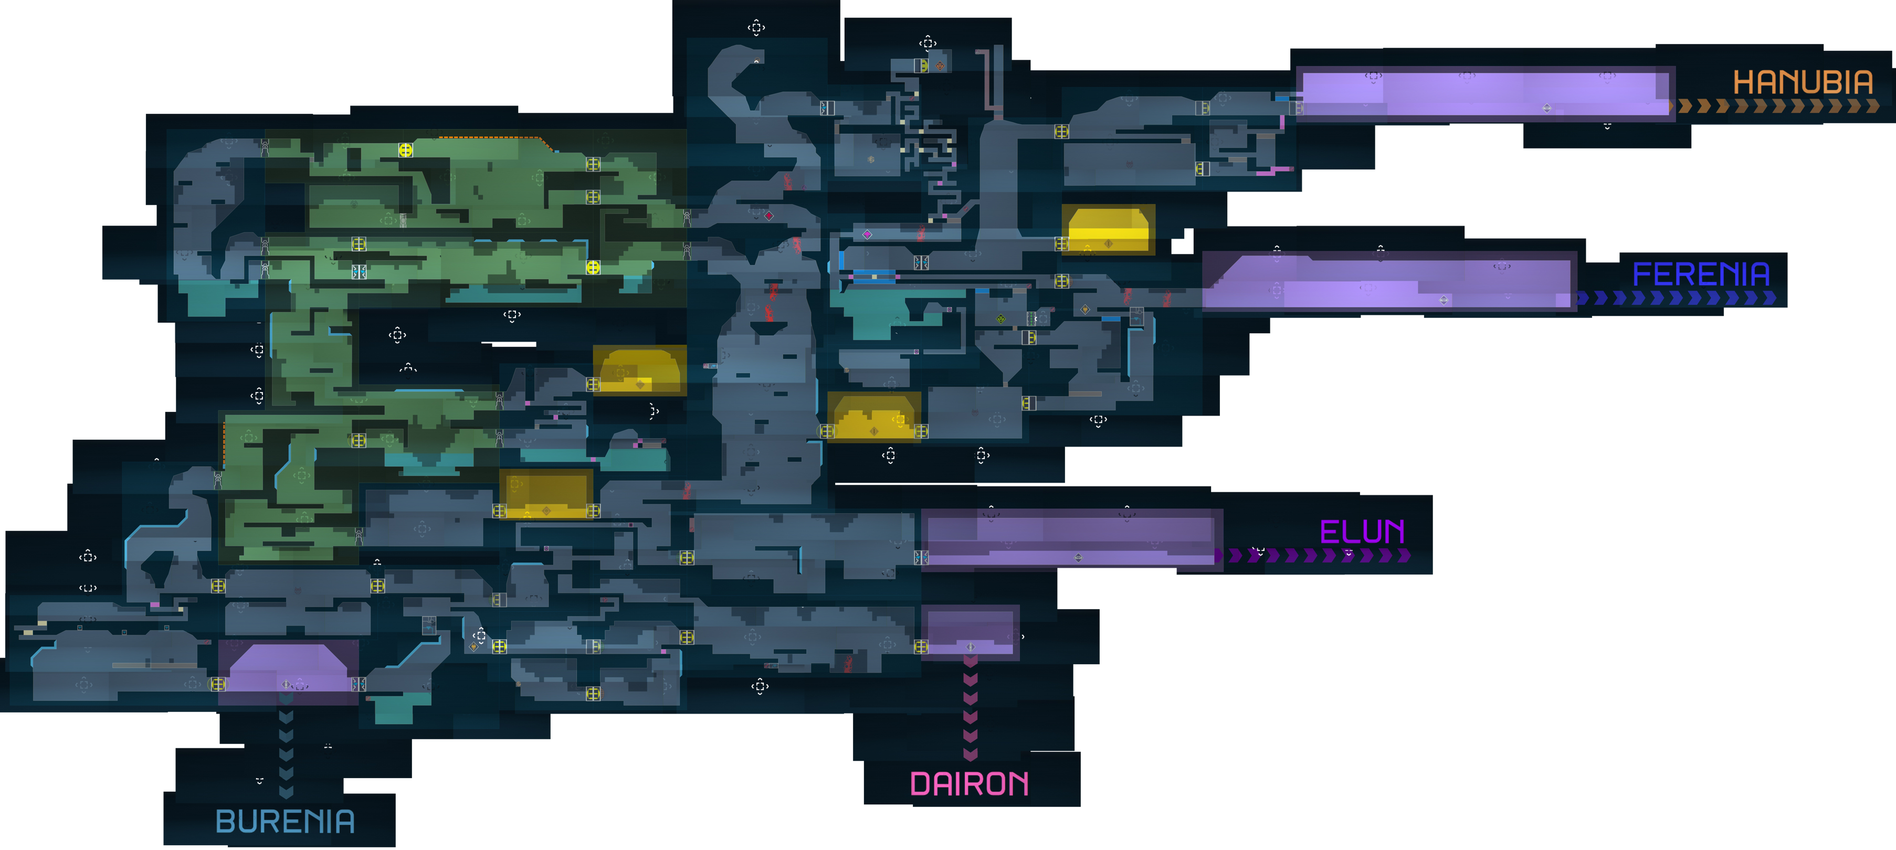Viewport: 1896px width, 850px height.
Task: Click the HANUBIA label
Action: click(1803, 82)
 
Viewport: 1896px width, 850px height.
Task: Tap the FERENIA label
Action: click(1701, 274)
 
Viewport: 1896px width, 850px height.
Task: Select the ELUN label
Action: click(1362, 532)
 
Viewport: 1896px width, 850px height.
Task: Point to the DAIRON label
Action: click(970, 784)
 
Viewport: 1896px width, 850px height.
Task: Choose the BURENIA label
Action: click(285, 821)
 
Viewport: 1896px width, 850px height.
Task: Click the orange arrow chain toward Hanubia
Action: click(1777, 107)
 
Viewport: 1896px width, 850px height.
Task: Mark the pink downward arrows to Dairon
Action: click(970, 706)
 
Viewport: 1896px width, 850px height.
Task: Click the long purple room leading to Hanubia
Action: click(1483, 92)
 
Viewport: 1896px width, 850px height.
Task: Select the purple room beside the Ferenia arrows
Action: click(1387, 282)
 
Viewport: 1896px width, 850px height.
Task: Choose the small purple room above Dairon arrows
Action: click(970, 631)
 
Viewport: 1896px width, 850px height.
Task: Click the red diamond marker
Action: click(769, 216)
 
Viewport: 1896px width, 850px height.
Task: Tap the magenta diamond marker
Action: click(867, 234)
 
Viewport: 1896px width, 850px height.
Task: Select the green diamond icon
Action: click(1000, 318)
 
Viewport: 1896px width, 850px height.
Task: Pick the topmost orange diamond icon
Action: click(941, 66)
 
